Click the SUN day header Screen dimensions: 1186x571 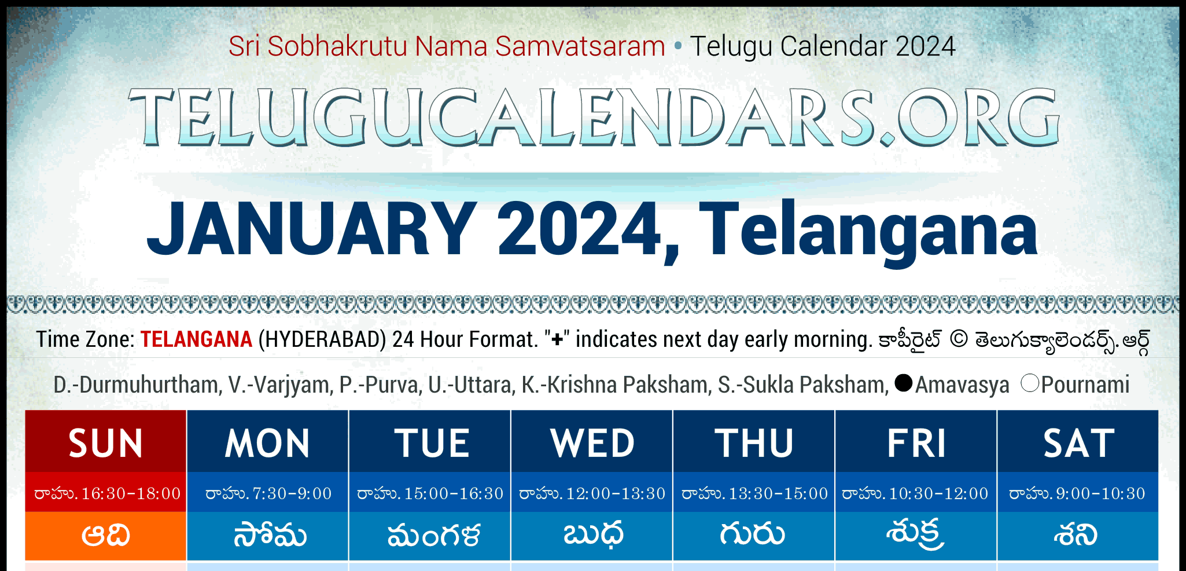click(106, 442)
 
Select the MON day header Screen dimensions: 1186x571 click(268, 442)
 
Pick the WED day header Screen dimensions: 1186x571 click(592, 442)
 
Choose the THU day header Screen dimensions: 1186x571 click(754, 442)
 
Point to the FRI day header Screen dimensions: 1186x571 click(916, 442)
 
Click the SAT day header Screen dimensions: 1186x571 click(1078, 442)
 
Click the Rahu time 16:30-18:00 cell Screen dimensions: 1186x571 click(106, 493)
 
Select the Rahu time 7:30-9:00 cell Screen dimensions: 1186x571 click(268, 493)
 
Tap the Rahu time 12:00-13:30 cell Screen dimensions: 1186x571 click(592, 493)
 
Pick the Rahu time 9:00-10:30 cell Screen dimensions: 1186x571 click(1078, 493)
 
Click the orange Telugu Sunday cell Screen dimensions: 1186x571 click(106, 536)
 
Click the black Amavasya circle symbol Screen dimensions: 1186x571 click(903, 383)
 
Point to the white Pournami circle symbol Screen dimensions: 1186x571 click(1030, 383)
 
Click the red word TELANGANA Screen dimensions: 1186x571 click(196, 339)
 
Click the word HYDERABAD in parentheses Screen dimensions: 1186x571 click(322, 339)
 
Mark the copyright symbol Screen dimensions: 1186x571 click(959, 339)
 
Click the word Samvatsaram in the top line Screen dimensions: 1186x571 click(580, 46)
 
